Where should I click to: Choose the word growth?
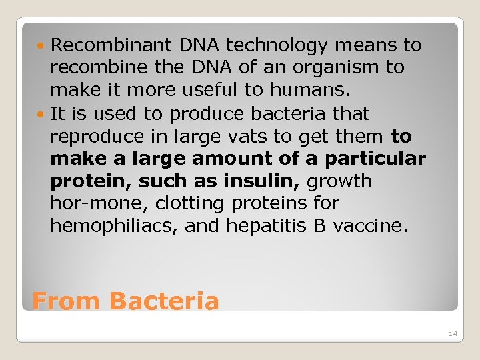340,181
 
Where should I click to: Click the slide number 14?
453,333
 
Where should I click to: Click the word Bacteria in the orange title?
164,301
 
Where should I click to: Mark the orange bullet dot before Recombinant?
43,46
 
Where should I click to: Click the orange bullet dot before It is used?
43,114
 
